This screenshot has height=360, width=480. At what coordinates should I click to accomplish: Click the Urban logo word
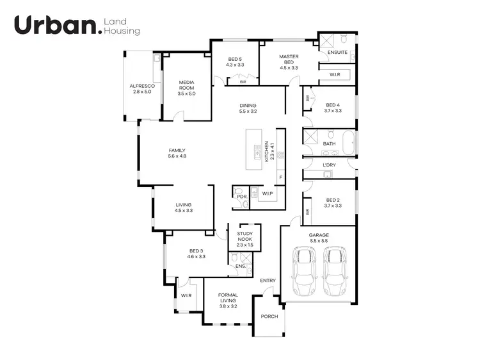[x=56, y=26]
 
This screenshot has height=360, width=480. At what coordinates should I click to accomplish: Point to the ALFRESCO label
[x=140, y=86]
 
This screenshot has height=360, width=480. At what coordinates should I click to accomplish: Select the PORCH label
[x=269, y=316]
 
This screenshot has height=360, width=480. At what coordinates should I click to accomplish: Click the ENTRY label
[x=268, y=281]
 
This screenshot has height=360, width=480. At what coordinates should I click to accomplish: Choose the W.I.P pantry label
[x=268, y=193]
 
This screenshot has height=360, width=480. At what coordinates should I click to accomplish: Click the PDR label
[x=241, y=197]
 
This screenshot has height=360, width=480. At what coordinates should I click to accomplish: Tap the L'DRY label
[x=329, y=165]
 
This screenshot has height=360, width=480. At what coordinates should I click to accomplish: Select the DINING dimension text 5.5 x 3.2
[x=248, y=111]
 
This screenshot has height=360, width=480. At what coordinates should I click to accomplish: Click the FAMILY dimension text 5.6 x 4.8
[x=177, y=156]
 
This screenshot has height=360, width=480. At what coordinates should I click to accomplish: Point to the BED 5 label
[x=235, y=59]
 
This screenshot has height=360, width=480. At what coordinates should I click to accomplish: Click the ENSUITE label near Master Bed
[x=337, y=52]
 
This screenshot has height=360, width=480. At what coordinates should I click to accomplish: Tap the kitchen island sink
[x=257, y=153]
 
